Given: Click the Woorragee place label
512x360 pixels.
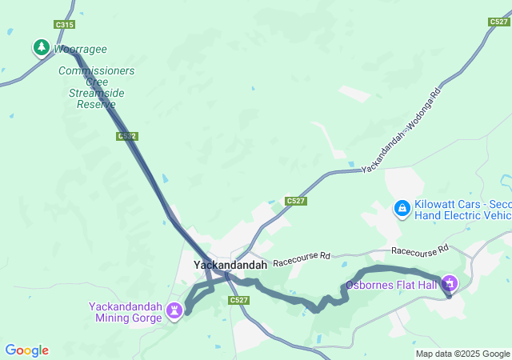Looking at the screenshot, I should coord(80,50).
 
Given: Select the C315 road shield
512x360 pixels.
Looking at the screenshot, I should coord(65,25).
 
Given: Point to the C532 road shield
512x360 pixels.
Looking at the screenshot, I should coord(126,136).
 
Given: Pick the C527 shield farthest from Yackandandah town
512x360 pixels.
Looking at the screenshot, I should coord(498,22).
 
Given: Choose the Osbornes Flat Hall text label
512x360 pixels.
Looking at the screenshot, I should coord(391,285).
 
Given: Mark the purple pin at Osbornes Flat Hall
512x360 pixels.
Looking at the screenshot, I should coord(450,283).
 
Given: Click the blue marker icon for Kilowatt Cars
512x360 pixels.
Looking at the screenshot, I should coord(402,209).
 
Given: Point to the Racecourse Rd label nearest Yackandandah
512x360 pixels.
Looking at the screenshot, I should coord(302,258).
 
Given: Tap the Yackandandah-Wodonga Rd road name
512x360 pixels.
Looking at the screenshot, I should coord(401,132).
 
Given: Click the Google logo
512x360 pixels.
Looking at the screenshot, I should coord(26,350).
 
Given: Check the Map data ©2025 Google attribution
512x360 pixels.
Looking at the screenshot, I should coord(462,354).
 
